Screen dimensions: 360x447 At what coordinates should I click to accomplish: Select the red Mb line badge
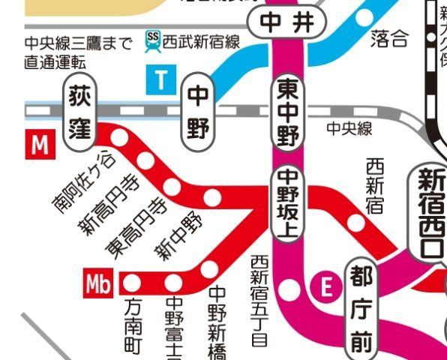point(99,284)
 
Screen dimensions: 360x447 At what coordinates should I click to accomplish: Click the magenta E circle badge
point(325,286)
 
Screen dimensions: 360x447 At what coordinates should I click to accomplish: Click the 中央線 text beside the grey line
point(349,129)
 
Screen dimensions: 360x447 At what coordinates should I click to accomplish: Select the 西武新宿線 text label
point(201,41)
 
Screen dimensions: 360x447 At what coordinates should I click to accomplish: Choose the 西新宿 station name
point(374,184)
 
